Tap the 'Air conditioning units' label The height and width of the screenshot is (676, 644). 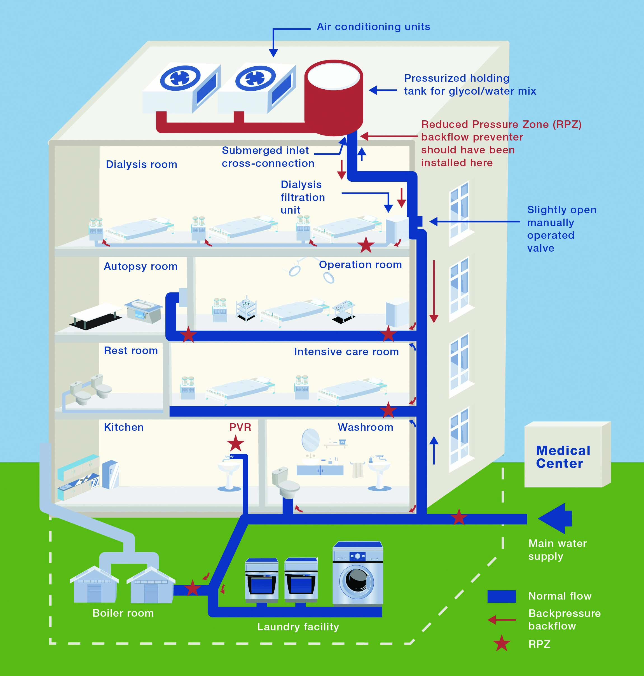[x=373, y=27]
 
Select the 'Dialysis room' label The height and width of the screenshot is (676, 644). [x=141, y=164]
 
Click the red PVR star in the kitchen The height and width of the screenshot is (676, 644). [x=235, y=444]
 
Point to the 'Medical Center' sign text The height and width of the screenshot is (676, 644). [x=563, y=457]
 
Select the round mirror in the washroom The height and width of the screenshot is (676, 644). [x=310, y=440]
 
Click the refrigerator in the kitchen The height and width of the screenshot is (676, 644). [x=111, y=474]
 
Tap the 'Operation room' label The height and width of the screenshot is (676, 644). [x=360, y=265]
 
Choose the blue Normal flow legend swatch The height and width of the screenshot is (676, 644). [x=501, y=596]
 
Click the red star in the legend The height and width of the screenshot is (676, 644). [x=501, y=643]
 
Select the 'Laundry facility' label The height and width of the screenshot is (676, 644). [x=298, y=627]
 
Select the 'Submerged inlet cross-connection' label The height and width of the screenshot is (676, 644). [x=268, y=157]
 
